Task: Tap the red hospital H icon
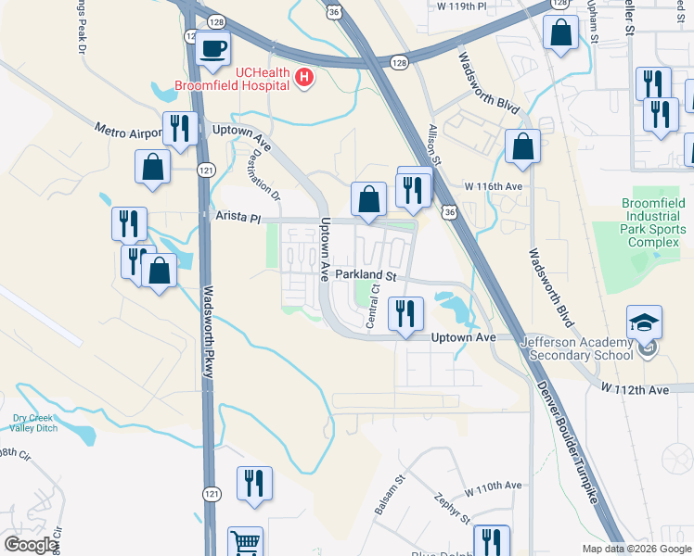coord(303,79)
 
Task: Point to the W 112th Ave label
coord(635,390)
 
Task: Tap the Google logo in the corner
coord(31,546)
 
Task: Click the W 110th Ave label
coord(495,486)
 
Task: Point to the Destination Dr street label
coord(263,175)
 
